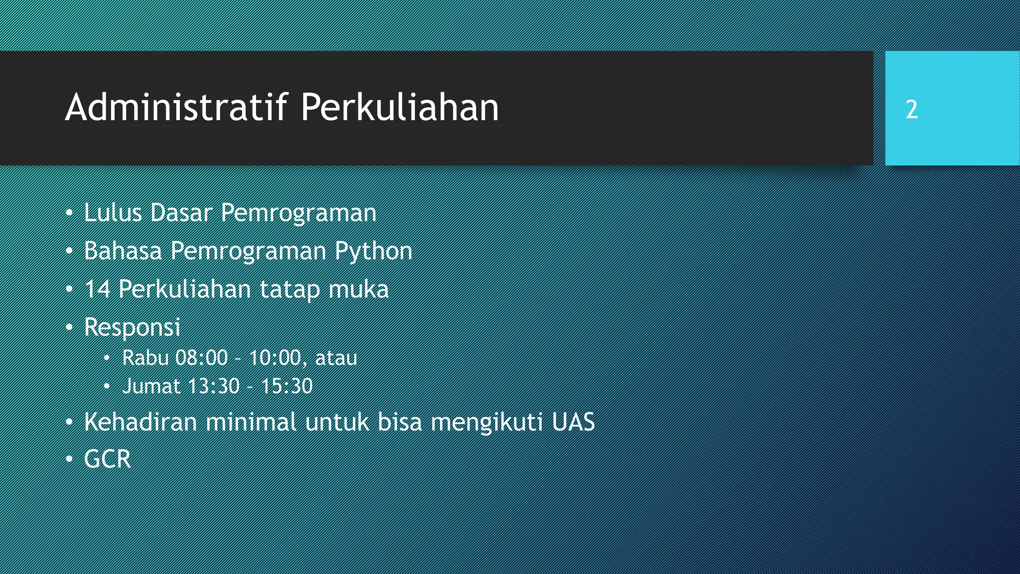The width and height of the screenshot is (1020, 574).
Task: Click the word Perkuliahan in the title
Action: tap(399, 107)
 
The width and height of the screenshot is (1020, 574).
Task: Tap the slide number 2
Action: tap(911, 110)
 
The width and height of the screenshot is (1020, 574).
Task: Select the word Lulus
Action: tap(113, 213)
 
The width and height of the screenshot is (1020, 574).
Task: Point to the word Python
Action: tap(373, 251)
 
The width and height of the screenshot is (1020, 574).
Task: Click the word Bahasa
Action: tap(123, 251)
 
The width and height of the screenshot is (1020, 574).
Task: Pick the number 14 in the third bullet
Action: tap(97, 289)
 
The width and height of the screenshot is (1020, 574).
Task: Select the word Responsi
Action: tap(132, 327)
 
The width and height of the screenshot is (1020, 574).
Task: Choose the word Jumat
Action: tap(151, 386)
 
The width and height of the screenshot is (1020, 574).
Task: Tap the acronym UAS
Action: tap(573, 422)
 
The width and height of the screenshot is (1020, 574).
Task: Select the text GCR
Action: tap(107, 459)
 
